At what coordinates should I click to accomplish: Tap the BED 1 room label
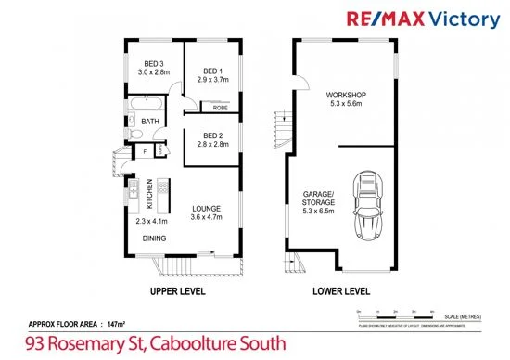[x=213, y=71]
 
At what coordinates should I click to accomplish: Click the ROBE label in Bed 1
[x=221, y=108]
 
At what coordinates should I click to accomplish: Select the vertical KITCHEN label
[x=147, y=196]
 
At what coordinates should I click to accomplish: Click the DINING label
[x=155, y=238]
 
